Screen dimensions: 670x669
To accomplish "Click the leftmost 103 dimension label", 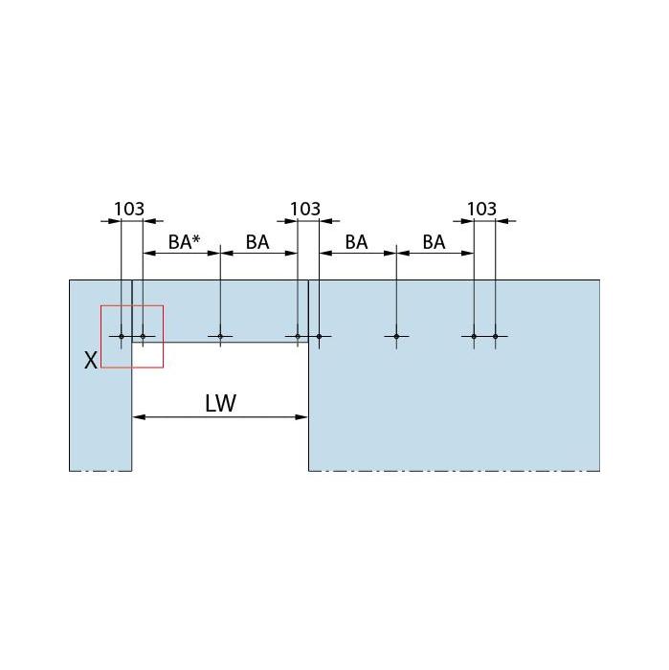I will [x=129, y=209].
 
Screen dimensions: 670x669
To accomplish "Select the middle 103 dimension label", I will [x=304, y=209].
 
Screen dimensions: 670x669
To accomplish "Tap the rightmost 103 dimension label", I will [x=481, y=209].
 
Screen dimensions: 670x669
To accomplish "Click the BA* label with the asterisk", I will [x=184, y=242].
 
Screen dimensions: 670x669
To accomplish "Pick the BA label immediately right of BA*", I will [x=257, y=242].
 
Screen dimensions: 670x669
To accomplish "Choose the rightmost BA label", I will [x=434, y=242].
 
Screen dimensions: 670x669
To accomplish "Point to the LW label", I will [x=220, y=403].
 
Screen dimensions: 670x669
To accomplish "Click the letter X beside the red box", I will [x=91, y=360].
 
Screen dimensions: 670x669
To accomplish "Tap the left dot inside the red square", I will [x=122, y=336].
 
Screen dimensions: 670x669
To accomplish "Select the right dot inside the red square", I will [x=143, y=336].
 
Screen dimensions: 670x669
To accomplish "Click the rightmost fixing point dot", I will [x=496, y=336].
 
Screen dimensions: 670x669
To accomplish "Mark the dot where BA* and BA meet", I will [x=220, y=336].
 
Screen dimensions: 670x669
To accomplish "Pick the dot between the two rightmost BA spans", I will [x=396, y=336].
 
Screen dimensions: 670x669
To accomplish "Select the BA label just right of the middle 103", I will [x=356, y=242].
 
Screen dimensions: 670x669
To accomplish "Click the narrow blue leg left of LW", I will [x=100, y=421].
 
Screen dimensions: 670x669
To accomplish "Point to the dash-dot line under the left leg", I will [x=100, y=471].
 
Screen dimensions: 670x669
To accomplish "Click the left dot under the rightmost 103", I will [x=474, y=336].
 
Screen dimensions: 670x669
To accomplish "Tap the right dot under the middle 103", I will [x=319, y=336].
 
